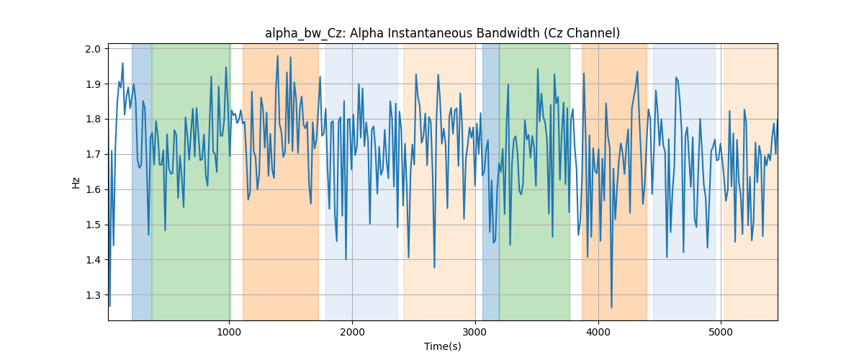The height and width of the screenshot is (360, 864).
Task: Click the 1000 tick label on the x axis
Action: pos(229,332)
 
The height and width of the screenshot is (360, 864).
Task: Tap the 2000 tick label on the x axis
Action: pos(352,332)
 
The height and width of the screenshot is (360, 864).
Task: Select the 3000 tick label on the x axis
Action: pos(475,332)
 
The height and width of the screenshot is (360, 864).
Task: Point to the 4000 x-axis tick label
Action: pos(598,332)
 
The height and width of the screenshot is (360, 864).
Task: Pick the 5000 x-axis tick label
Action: pos(721,332)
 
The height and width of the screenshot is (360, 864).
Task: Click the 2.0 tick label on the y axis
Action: pos(93,49)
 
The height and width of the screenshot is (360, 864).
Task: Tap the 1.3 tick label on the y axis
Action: pos(93,295)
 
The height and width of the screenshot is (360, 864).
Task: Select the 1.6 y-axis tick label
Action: pos(93,190)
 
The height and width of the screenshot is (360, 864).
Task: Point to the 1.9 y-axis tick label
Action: pos(93,84)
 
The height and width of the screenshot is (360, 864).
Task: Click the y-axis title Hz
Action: pos(76,183)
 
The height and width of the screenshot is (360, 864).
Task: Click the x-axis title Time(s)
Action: pos(443,346)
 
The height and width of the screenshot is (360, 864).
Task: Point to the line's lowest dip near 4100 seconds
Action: pos(611,307)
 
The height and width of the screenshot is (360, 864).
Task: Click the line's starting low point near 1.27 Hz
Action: pos(110,306)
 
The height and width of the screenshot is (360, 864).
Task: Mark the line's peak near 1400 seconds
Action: pos(277,56)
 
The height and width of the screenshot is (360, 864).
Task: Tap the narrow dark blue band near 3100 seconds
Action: pos(490,181)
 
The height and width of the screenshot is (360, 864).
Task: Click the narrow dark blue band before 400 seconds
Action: pos(142,181)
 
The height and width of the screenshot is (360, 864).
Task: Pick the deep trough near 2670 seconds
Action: pos(434,267)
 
